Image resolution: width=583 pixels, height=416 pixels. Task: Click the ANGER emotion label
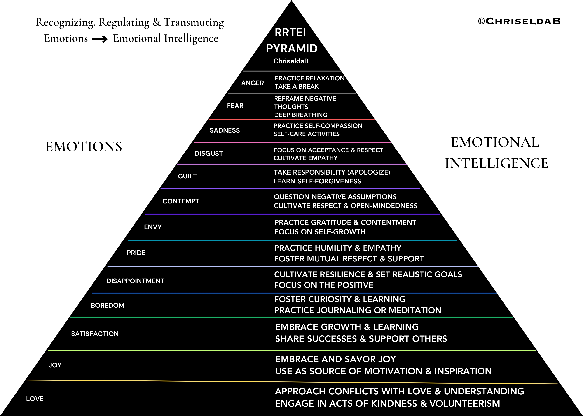252,83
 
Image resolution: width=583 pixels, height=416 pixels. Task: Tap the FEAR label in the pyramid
235,106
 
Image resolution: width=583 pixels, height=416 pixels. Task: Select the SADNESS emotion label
225,130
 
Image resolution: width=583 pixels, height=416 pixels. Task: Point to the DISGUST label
209,153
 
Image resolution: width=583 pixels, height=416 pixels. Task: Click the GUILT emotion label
187,176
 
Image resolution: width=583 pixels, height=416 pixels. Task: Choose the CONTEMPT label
181,201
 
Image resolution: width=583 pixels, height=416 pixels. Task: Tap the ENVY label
153,227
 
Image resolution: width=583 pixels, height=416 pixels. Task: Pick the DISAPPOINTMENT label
135,281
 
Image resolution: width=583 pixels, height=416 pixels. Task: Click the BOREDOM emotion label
107,305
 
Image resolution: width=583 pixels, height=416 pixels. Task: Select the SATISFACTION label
95,334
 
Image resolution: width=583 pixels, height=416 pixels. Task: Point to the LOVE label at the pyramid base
35,399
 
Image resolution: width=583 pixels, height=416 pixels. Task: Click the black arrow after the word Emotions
100,39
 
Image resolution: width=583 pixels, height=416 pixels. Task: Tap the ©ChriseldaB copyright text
519,21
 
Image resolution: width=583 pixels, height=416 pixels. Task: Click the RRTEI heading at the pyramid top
290,33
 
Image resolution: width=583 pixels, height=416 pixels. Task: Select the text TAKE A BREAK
297,87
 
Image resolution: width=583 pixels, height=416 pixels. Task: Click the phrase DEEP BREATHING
301,115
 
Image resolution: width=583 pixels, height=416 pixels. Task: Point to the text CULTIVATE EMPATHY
305,158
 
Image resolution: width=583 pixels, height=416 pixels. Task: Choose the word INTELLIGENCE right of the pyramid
496,163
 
